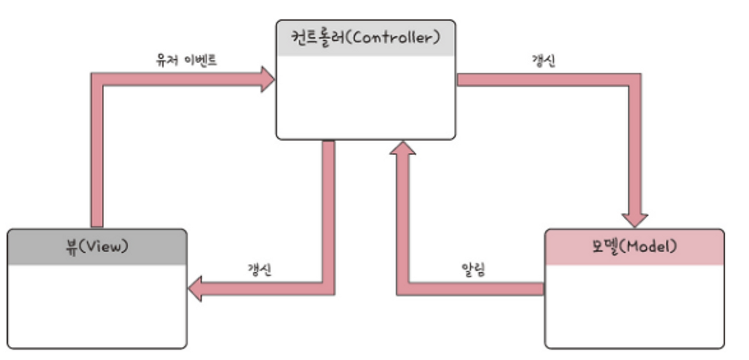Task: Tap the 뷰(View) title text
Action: click(97, 246)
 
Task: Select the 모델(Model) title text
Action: click(635, 246)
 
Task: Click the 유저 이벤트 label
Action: click(187, 60)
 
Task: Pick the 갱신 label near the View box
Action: click(259, 270)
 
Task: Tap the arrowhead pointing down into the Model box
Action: click(635, 219)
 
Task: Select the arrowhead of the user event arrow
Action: click(267, 79)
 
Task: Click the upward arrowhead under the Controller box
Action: click(403, 148)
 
